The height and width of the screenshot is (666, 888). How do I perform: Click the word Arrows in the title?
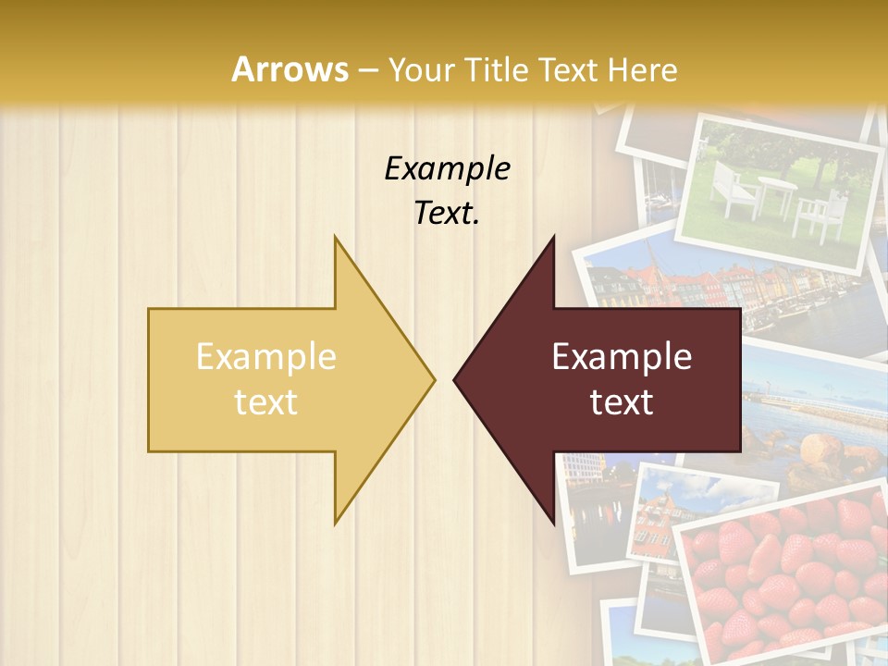point(290,70)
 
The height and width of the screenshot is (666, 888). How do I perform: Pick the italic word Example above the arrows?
point(447,168)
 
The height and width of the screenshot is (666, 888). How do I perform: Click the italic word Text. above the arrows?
point(447,214)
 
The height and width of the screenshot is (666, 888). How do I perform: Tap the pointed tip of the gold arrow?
point(432,379)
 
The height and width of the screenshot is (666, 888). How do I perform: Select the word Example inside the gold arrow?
point(265,357)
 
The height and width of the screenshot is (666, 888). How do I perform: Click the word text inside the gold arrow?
point(265,402)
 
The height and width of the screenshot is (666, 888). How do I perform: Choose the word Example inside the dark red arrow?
point(622,357)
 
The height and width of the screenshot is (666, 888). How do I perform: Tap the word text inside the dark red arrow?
point(622,402)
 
